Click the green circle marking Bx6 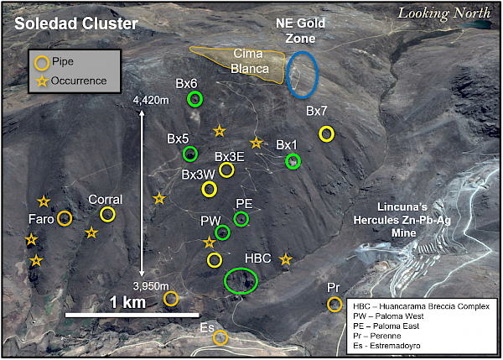[194, 99]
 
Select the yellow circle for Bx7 [327, 134]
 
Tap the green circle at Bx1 [293, 161]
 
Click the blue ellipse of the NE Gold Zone [302, 75]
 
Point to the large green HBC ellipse [241, 280]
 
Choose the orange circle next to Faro [65, 218]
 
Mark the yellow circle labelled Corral [107, 214]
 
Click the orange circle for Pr [334, 304]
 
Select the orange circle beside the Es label [220, 337]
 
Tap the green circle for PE [241, 219]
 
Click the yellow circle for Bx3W [209, 189]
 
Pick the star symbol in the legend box [42, 81]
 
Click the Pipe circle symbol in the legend [42, 63]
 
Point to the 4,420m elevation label [151, 100]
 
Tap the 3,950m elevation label [151, 286]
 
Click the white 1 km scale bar [132, 315]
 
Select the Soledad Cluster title [76, 23]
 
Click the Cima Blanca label [250, 61]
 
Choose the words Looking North [444, 13]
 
